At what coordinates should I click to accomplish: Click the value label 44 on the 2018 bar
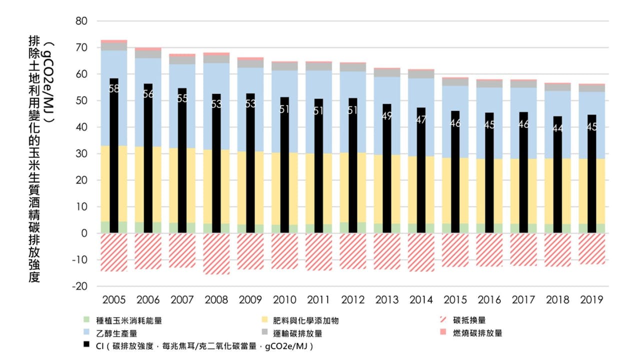557,128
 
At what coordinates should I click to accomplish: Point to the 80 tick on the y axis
81,21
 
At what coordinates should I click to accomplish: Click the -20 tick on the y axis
79,286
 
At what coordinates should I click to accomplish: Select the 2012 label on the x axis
353,300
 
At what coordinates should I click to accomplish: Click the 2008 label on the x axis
216,300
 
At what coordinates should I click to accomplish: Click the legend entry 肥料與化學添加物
310,320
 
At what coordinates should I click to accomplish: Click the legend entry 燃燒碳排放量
477,333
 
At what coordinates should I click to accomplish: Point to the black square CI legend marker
87,345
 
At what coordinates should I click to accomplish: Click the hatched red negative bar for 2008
216,253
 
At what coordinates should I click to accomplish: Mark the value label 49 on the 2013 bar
387,116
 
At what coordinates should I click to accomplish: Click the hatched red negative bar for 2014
421,252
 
